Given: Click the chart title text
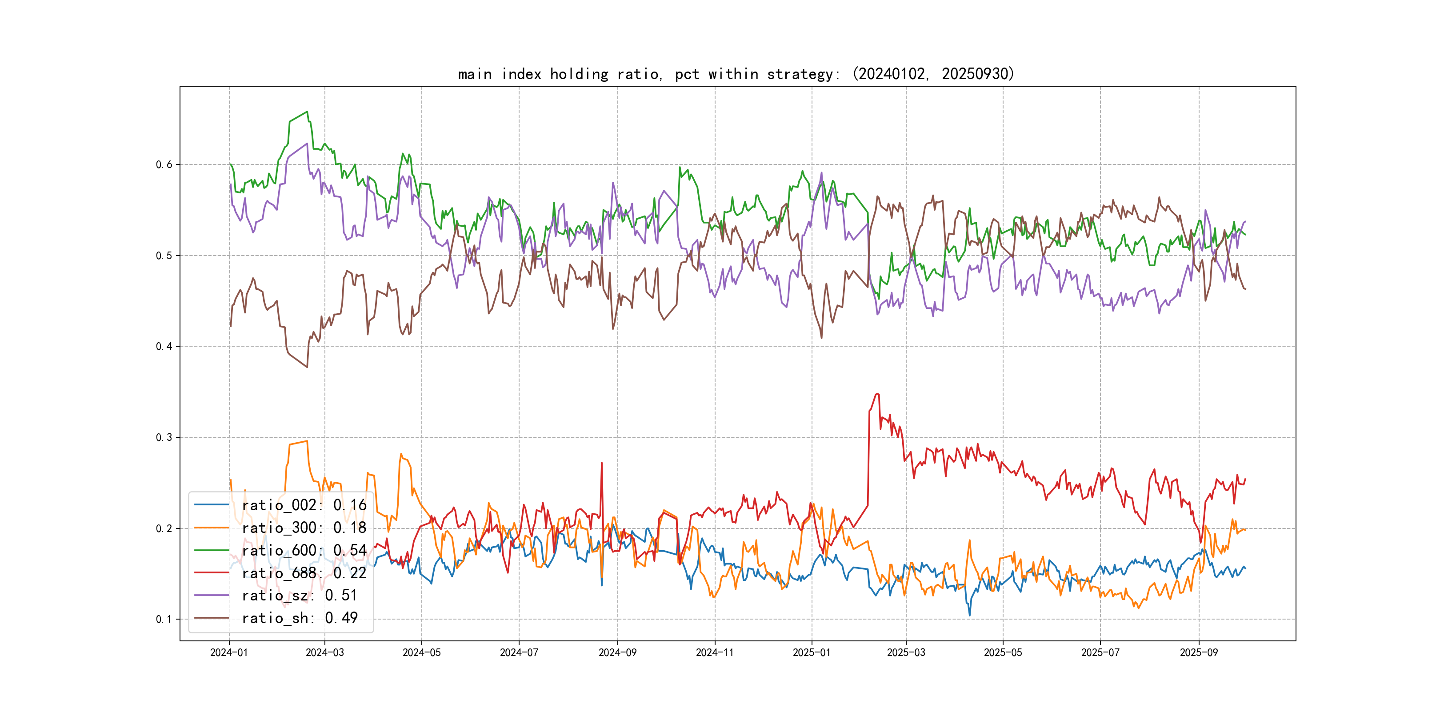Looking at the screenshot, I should [x=736, y=74].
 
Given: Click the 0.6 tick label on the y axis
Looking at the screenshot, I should [x=164, y=164].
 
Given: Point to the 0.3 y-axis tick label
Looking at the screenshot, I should [x=164, y=437].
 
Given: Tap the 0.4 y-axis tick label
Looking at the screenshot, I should [x=164, y=347].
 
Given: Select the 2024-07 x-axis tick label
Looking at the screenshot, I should [x=519, y=652].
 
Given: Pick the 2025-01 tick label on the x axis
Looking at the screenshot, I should [x=812, y=652].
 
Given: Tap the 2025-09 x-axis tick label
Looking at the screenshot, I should [x=1199, y=652].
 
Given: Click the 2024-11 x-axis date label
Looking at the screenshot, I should [x=714, y=652].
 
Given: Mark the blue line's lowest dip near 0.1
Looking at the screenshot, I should [x=969, y=616].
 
